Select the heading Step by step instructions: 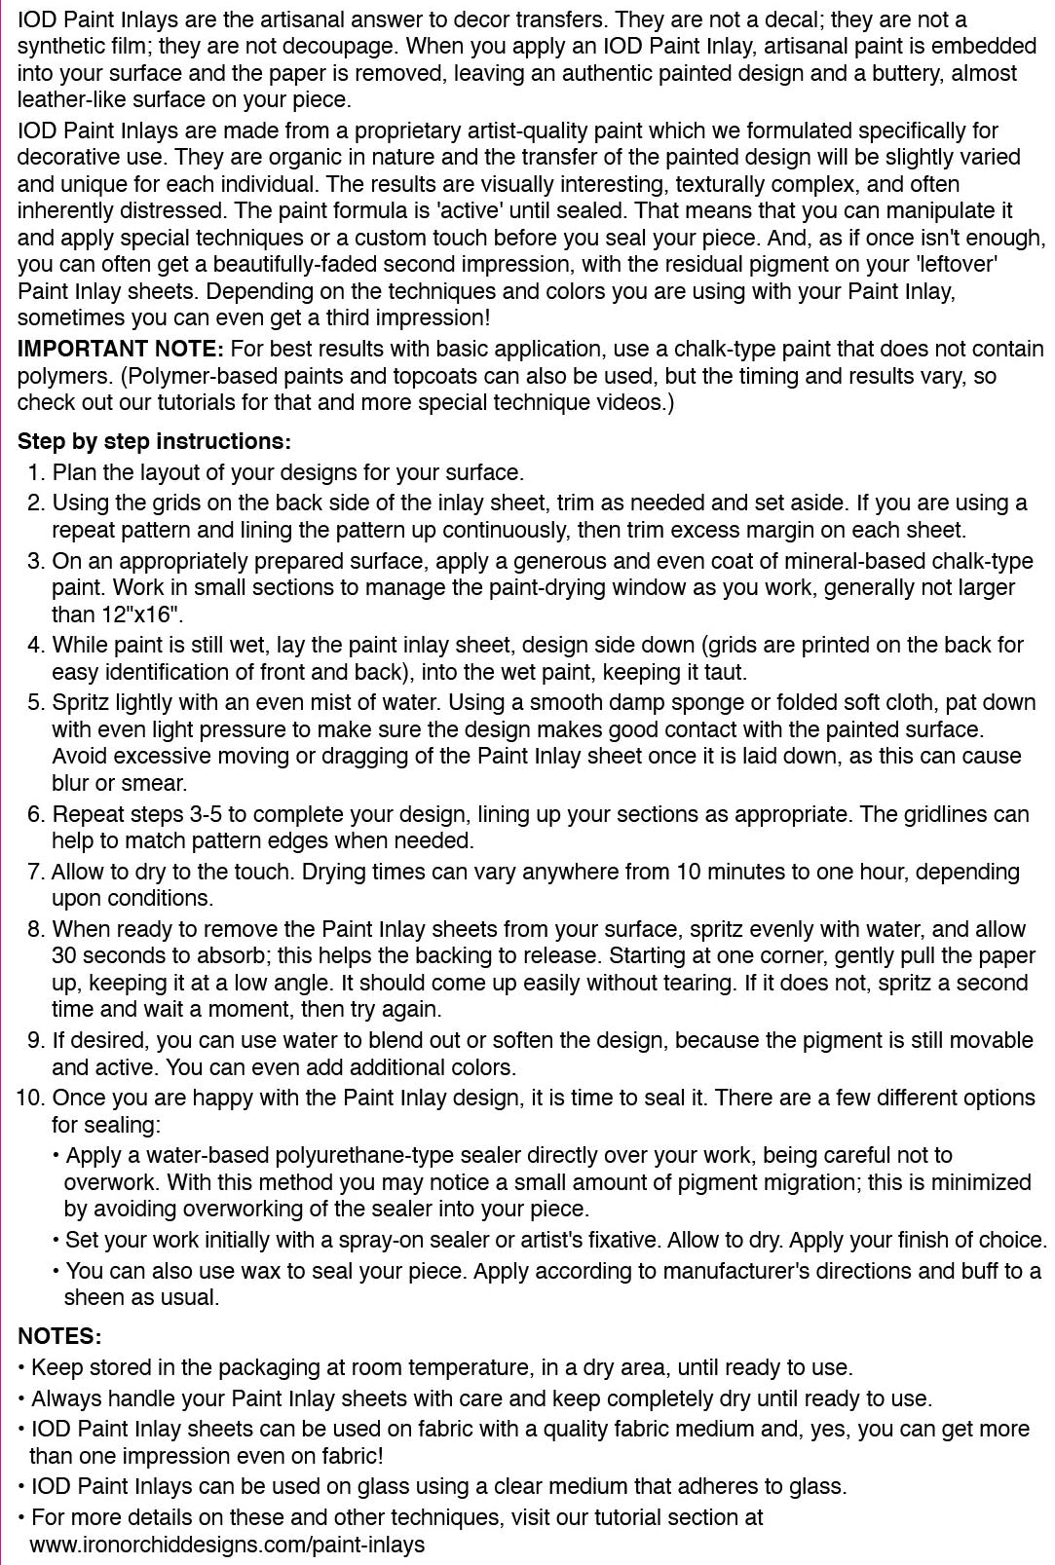pyautogui.click(x=154, y=441)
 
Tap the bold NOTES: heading pyautogui.click(x=59, y=1335)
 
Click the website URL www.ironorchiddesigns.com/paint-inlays pyautogui.click(x=227, y=1544)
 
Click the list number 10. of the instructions pyautogui.click(x=31, y=1098)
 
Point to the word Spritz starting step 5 pyautogui.click(x=81, y=702)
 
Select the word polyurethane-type pyautogui.click(x=367, y=1155)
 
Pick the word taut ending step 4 pyautogui.click(x=728, y=671)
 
